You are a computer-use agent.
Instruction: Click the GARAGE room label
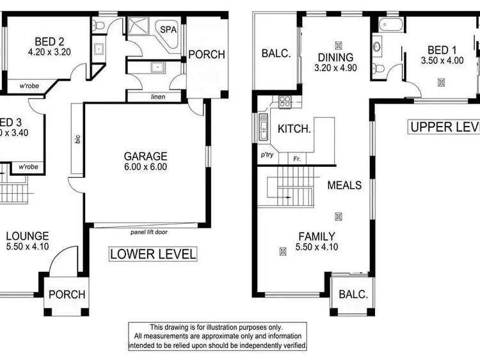point(146,156)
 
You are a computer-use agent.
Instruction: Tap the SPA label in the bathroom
point(168,29)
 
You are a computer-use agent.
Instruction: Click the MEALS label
point(344,185)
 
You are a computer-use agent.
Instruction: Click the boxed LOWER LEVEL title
point(152,254)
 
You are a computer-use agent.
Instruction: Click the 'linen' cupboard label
point(157,97)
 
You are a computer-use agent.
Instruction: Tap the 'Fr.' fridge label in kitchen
point(297,158)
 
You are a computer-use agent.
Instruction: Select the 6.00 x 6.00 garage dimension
point(146,167)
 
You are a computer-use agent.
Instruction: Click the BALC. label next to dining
point(276,54)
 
